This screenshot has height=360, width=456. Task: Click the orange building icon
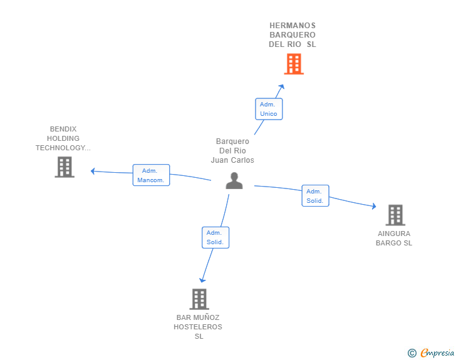click(x=294, y=64)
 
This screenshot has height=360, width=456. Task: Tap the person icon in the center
click(x=234, y=180)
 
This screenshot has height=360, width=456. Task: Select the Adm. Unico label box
click(x=269, y=109)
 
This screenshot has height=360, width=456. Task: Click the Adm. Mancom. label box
click(x=151, y=175)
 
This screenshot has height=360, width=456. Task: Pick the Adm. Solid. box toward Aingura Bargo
click(x=315, y=196)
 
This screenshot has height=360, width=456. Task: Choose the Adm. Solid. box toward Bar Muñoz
click(x=215, y=237)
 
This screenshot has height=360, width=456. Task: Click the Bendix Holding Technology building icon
click(x=65, y=167)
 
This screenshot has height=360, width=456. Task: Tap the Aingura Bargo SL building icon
click(x=395, y=215)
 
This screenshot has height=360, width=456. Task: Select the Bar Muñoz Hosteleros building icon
click(x=199, y=299)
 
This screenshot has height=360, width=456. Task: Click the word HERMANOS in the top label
click(x=293, y=26)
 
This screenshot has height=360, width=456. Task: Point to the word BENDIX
click(x=63, y=129)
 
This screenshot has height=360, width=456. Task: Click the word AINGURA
click(x=394, y=234)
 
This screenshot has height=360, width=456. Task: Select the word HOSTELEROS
click(x=198, y=327)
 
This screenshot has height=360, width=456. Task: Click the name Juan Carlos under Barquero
click(x=232, y=160)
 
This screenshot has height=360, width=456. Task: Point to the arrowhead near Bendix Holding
click(x=93, y=172)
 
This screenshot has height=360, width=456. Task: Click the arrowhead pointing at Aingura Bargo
click(x=374, y=206)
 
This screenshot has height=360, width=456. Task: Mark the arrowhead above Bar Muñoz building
click(x=202, y=280)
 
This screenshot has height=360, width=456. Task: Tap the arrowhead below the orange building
click(x=281, y=86)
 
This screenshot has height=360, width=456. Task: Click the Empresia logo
click(x=431, y=352)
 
